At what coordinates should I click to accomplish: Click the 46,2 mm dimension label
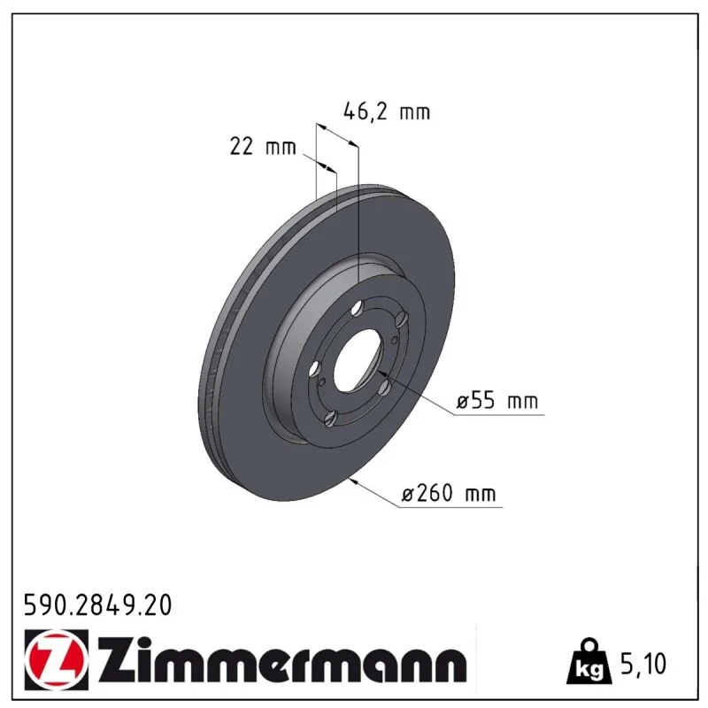[387, 112]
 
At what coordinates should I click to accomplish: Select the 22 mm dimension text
[263, 147]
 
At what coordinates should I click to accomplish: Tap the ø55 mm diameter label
[497, 401]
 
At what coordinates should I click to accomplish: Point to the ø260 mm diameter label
[449, 493]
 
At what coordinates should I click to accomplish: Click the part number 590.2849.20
[98, 605]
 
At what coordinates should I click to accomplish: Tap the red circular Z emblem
[56, 660]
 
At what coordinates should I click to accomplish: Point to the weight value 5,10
[643, 664]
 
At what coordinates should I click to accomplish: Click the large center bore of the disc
[358, 360]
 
